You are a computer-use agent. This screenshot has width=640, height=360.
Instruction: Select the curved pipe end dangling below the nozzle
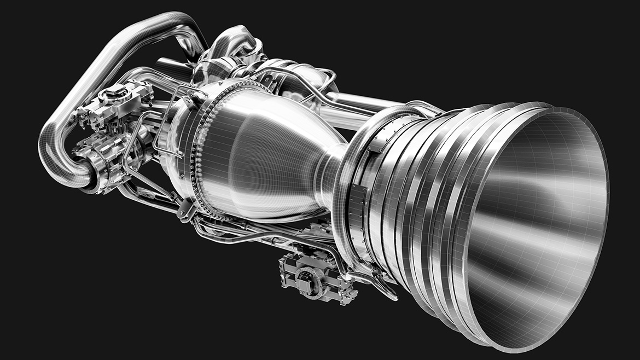pos(388,290)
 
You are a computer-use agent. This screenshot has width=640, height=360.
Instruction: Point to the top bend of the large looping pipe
pos(164,22)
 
